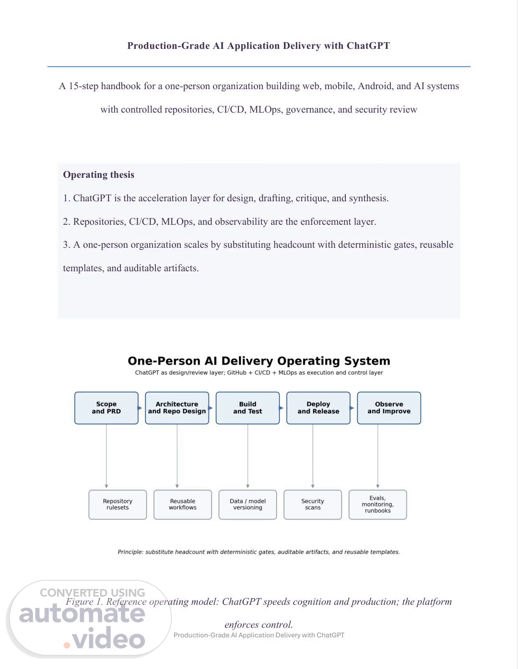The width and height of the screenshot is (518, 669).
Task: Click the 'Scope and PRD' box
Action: coord(106,408)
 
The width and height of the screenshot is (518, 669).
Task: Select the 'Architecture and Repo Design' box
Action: coord(177,408)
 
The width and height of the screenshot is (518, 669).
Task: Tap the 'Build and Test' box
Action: coord(247,408)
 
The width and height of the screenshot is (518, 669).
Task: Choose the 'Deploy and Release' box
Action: coord(318,408)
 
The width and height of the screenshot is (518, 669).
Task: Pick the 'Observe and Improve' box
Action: coord(389,408)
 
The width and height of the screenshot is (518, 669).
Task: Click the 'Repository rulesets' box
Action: coord(118,505)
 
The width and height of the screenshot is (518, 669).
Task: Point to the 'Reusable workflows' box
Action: coord(183,505)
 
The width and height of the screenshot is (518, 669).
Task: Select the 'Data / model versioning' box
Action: coord(247,505)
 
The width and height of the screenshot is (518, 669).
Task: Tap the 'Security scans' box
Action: coord(313,505)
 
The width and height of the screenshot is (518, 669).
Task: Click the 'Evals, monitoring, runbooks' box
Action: coord(377,505)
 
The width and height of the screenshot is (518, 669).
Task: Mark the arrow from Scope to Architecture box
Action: coord(140,408)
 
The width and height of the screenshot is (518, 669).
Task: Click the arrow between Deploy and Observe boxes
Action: coord(352,408)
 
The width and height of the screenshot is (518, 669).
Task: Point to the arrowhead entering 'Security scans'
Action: coord(313,486)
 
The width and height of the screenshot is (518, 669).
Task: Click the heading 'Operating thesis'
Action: coord(99,175)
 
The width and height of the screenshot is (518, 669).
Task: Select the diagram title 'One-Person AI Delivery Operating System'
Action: coord(259,361)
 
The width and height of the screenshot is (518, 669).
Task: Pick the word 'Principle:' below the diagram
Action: coord(130,552)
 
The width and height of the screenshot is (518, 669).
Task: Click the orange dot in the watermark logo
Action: coord(67,645)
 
